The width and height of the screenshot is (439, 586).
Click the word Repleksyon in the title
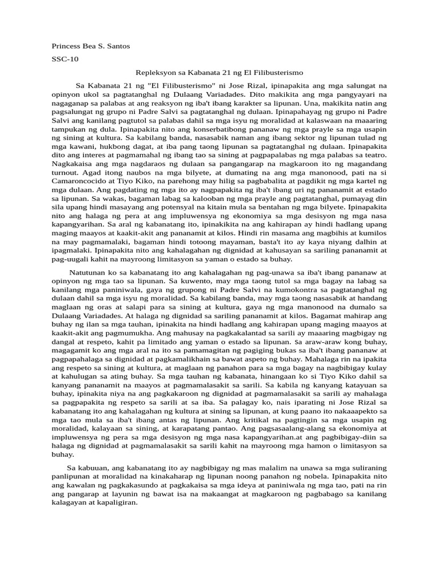155,73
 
